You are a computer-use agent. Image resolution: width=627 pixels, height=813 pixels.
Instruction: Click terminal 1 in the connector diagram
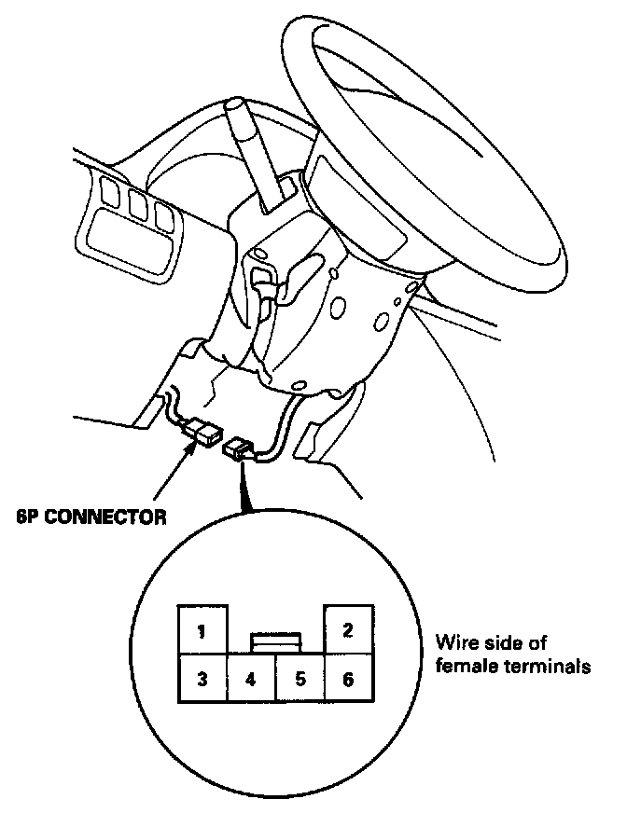pos(202,631)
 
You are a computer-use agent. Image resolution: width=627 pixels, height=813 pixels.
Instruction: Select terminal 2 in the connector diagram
pos(348,630)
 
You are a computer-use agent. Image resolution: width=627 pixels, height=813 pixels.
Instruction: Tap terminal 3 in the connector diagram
pos(202,680)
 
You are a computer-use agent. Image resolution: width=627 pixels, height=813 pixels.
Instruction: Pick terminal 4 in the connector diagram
pos(251,680)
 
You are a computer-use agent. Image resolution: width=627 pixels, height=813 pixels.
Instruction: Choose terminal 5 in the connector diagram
pos(300,680)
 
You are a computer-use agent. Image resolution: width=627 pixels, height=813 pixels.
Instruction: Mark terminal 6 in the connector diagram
pos(348,680)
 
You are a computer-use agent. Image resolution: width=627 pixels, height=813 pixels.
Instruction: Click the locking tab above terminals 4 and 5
pos(275,641)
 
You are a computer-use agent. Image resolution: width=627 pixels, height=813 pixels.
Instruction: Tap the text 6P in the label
pos(28,517)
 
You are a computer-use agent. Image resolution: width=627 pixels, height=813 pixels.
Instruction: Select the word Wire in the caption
pos(455,643)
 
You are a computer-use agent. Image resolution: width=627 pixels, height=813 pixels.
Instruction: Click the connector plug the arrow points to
pos(203,432)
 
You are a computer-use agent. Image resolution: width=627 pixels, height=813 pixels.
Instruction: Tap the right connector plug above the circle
pos(240,451)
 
